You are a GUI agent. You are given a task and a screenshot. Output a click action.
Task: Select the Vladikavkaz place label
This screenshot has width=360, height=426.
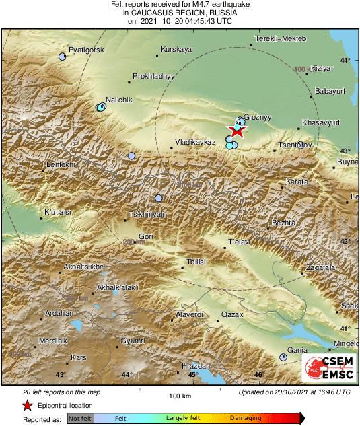pyautogui.click(x=194, y=143)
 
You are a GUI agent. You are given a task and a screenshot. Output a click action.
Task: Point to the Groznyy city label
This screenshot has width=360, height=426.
pyautogui.click(x=256, y=117)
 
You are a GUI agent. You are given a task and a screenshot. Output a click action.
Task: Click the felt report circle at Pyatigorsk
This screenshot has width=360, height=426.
pyautogui.click(x=63, y=57)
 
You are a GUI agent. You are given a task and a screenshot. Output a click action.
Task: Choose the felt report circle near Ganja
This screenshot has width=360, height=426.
pyautogui.click(x=283, y=357)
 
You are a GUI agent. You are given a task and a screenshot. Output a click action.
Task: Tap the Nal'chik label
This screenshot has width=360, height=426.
pyautogui.click(x=118, y=100)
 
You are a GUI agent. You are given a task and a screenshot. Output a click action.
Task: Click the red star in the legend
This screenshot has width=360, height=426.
pyautogui.click(x=27, y=405)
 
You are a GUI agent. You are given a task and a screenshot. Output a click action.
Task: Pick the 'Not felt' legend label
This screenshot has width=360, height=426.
pyautogui.click(x=81, y=419)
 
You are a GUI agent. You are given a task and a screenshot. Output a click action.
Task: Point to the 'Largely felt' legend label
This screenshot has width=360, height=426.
pyautogui.click(x=181, y=419)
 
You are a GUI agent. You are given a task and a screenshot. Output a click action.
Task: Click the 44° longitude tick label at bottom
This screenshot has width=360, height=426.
pyautogui.click(x=127, y=374)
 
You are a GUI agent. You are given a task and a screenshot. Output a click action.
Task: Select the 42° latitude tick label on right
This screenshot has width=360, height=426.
pyautogui.click(x=345, y=241)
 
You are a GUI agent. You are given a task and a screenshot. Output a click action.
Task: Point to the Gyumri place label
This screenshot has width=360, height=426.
pyautogui.click(x=133, y=342)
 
